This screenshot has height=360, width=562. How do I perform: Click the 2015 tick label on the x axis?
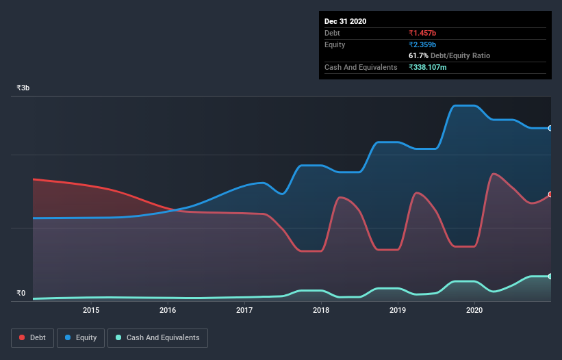click(91, 310)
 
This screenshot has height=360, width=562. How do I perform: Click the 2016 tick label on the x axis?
click(168, 310)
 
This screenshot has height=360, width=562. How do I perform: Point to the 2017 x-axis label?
click(244, 310)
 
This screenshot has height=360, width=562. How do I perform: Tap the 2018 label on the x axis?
click(321, 310)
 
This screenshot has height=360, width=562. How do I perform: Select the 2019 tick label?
click(398, 310)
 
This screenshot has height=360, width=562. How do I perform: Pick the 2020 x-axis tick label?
click(474, 310)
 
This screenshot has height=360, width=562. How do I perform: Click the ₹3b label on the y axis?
click(23, 88)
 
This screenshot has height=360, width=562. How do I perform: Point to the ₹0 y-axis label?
click(21, 294)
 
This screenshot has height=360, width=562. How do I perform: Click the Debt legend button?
click(32, 337)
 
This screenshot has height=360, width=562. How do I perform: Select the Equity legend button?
click(81, 337)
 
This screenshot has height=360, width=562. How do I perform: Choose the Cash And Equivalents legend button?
click(157, 337)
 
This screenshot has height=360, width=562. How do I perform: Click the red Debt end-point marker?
click(550, 194)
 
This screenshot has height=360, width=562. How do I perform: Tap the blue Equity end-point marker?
click(550, 128)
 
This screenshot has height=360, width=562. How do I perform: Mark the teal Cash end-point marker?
click(550, 276)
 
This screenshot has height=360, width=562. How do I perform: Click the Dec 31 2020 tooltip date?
click(345, 21)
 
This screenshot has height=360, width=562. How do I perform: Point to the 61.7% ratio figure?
click(420, 56)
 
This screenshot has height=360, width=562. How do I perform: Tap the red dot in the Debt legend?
click(23, 337)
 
